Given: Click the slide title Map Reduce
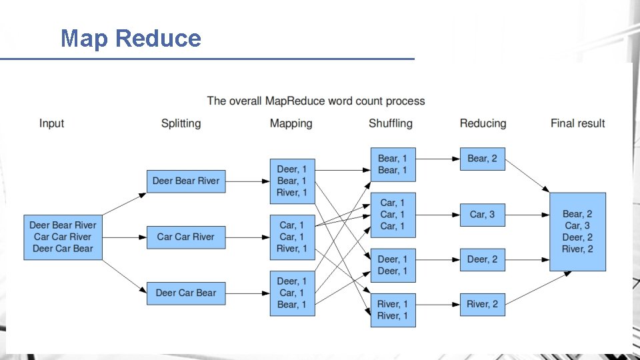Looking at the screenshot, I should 131,38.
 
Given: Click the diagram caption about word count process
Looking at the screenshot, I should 315,101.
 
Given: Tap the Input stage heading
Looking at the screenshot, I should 51,123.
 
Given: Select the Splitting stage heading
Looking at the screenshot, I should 181,123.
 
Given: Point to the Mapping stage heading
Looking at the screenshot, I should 291,123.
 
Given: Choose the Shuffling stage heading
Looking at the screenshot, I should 390,123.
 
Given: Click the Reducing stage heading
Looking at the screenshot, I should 483,123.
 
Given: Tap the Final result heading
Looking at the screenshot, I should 577,123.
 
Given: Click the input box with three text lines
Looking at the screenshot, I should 63,237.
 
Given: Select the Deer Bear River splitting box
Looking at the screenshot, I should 186,181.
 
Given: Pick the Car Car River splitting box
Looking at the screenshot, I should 186,237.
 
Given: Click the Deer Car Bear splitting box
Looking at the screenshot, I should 186,293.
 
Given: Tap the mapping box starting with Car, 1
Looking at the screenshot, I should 292,237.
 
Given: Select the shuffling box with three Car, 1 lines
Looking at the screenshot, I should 393,215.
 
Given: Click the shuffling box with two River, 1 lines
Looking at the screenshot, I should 393,310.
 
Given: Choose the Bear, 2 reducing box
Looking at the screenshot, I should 482,159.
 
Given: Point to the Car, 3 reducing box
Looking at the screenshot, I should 482,215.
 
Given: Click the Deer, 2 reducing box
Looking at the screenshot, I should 482,259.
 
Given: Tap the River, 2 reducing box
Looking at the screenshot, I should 482,304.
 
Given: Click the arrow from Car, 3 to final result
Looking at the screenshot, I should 527,215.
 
